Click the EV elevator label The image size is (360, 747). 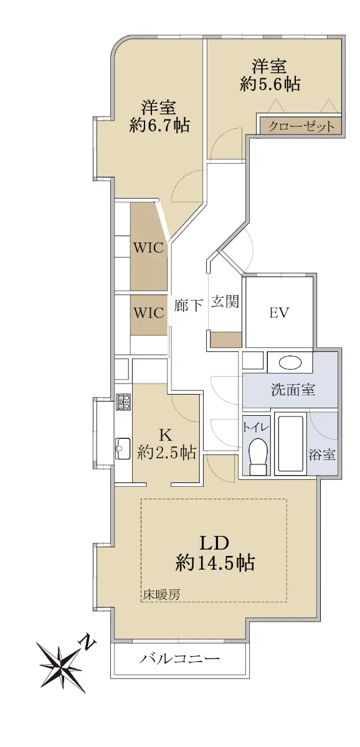(279, 313)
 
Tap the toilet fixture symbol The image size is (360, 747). (258, 455)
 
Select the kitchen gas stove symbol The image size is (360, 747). (123, 402)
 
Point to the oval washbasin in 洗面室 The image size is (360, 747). (290, 363)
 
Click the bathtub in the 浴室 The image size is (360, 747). (290, 443)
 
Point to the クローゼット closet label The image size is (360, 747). (301, 126)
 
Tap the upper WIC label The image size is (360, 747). (148, 248)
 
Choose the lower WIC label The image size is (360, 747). (148, 312)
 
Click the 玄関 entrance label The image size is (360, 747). (225, 302)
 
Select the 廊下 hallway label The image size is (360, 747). (189, 305)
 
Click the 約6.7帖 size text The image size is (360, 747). (159, 125)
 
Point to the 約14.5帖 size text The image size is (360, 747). (216, 563)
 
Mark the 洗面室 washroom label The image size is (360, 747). (293, 390)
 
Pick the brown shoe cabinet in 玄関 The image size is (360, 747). (226, 340)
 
